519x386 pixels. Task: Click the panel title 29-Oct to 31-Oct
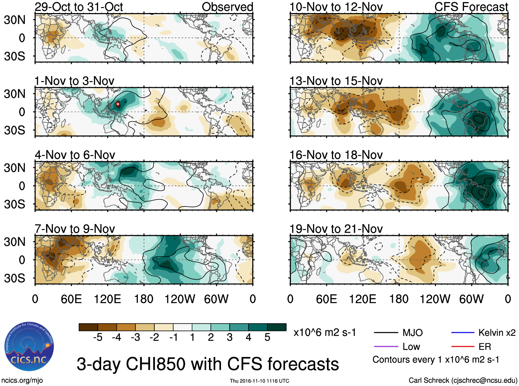point(79,7)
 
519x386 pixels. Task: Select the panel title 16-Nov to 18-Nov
point(336,155)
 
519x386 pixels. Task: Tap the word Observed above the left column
point(227,7)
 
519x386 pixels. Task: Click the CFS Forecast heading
point(471,7)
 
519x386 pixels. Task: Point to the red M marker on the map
point(118,104)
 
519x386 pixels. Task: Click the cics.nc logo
point(29,347)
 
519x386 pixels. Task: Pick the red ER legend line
point(463,346)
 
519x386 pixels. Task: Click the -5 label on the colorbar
point(98,337)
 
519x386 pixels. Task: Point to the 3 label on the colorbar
point(230,337)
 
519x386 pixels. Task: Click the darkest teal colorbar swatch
point(277,327)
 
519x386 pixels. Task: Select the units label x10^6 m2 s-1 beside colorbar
point(324,333)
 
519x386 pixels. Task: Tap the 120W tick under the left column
point(180,299)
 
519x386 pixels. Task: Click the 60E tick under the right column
point(326,299)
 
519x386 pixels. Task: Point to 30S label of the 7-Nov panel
point(14,278)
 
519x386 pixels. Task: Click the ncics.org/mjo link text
point(22,380)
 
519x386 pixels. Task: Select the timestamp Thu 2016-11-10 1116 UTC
point(259,381)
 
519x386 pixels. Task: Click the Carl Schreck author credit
point(463,380)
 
